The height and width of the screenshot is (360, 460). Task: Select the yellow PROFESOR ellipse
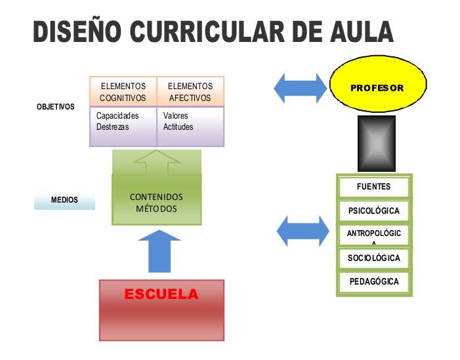point(377,87)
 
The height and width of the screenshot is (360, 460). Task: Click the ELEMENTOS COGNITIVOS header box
point(123,92)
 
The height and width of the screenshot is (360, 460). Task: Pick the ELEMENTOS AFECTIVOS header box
point(190,92)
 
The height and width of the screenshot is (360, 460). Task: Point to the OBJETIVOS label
point(56,106)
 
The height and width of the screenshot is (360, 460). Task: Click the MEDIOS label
point(64,200)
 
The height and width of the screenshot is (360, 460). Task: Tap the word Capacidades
point(118,116)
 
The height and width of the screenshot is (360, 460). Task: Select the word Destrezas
point(113,127)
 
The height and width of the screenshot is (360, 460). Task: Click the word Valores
point(176,116)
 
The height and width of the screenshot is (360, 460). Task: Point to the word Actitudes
point(178,127)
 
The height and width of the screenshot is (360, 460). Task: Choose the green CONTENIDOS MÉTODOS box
point(156,203)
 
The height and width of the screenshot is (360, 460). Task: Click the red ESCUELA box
point(161,310)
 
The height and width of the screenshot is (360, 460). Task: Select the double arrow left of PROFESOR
point(300,88)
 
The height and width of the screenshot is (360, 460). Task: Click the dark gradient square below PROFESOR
point(376,144)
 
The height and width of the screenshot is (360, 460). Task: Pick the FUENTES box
point(374,187)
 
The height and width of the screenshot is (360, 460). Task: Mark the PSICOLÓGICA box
point(374,212)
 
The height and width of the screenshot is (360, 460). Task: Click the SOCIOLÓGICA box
point(374,258)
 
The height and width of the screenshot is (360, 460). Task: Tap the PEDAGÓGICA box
point(374,282)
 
